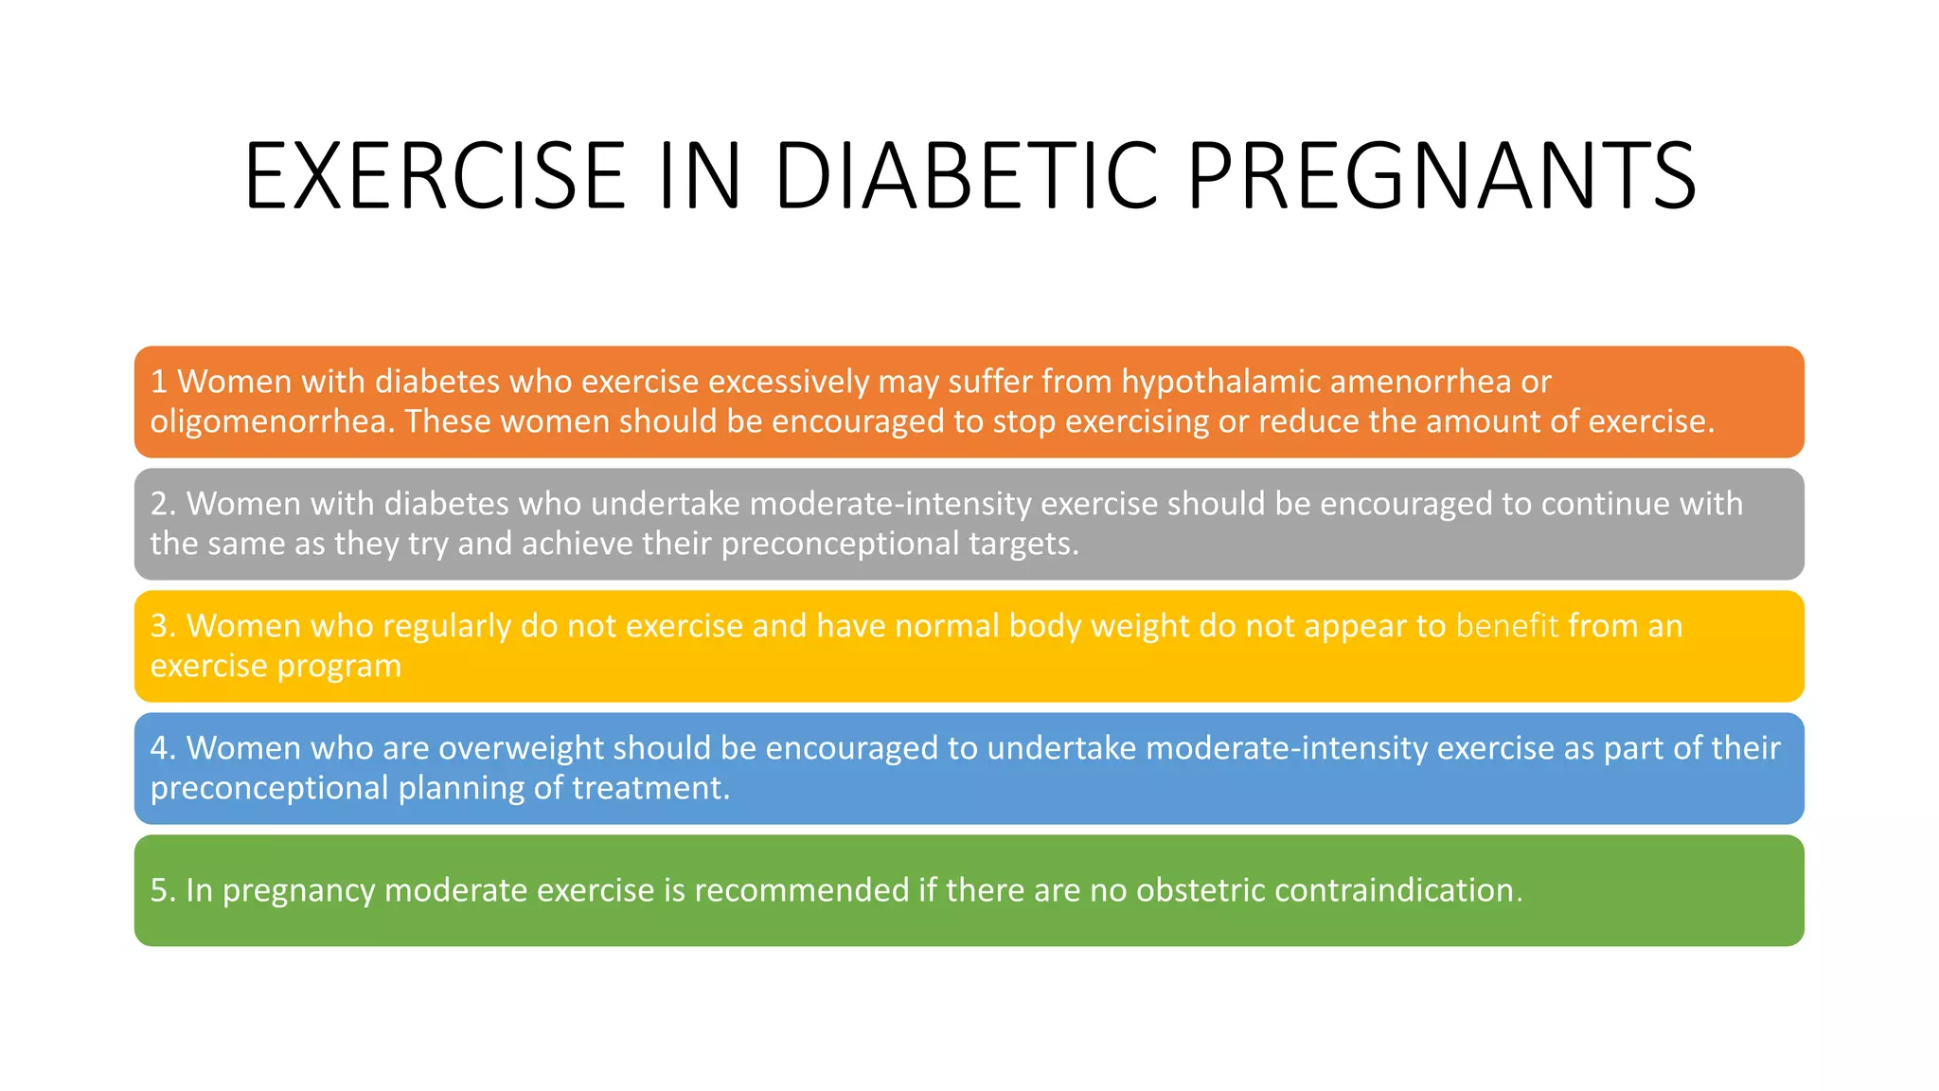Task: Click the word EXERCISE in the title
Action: tap(435, 176)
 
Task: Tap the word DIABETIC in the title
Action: tap(966, 176)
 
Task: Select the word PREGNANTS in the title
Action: tap(1441, 176)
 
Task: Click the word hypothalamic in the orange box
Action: tap(1220, 382)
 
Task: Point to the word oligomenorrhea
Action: tap(272, 421)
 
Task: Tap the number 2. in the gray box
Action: tap(163, 504)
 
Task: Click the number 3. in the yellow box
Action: tap(163, 626)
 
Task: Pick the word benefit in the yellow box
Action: tap(1506, 626)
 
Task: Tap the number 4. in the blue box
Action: tap(163, 748)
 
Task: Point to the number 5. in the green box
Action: tap(163, 890)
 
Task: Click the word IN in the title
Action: tap(700, 176)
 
